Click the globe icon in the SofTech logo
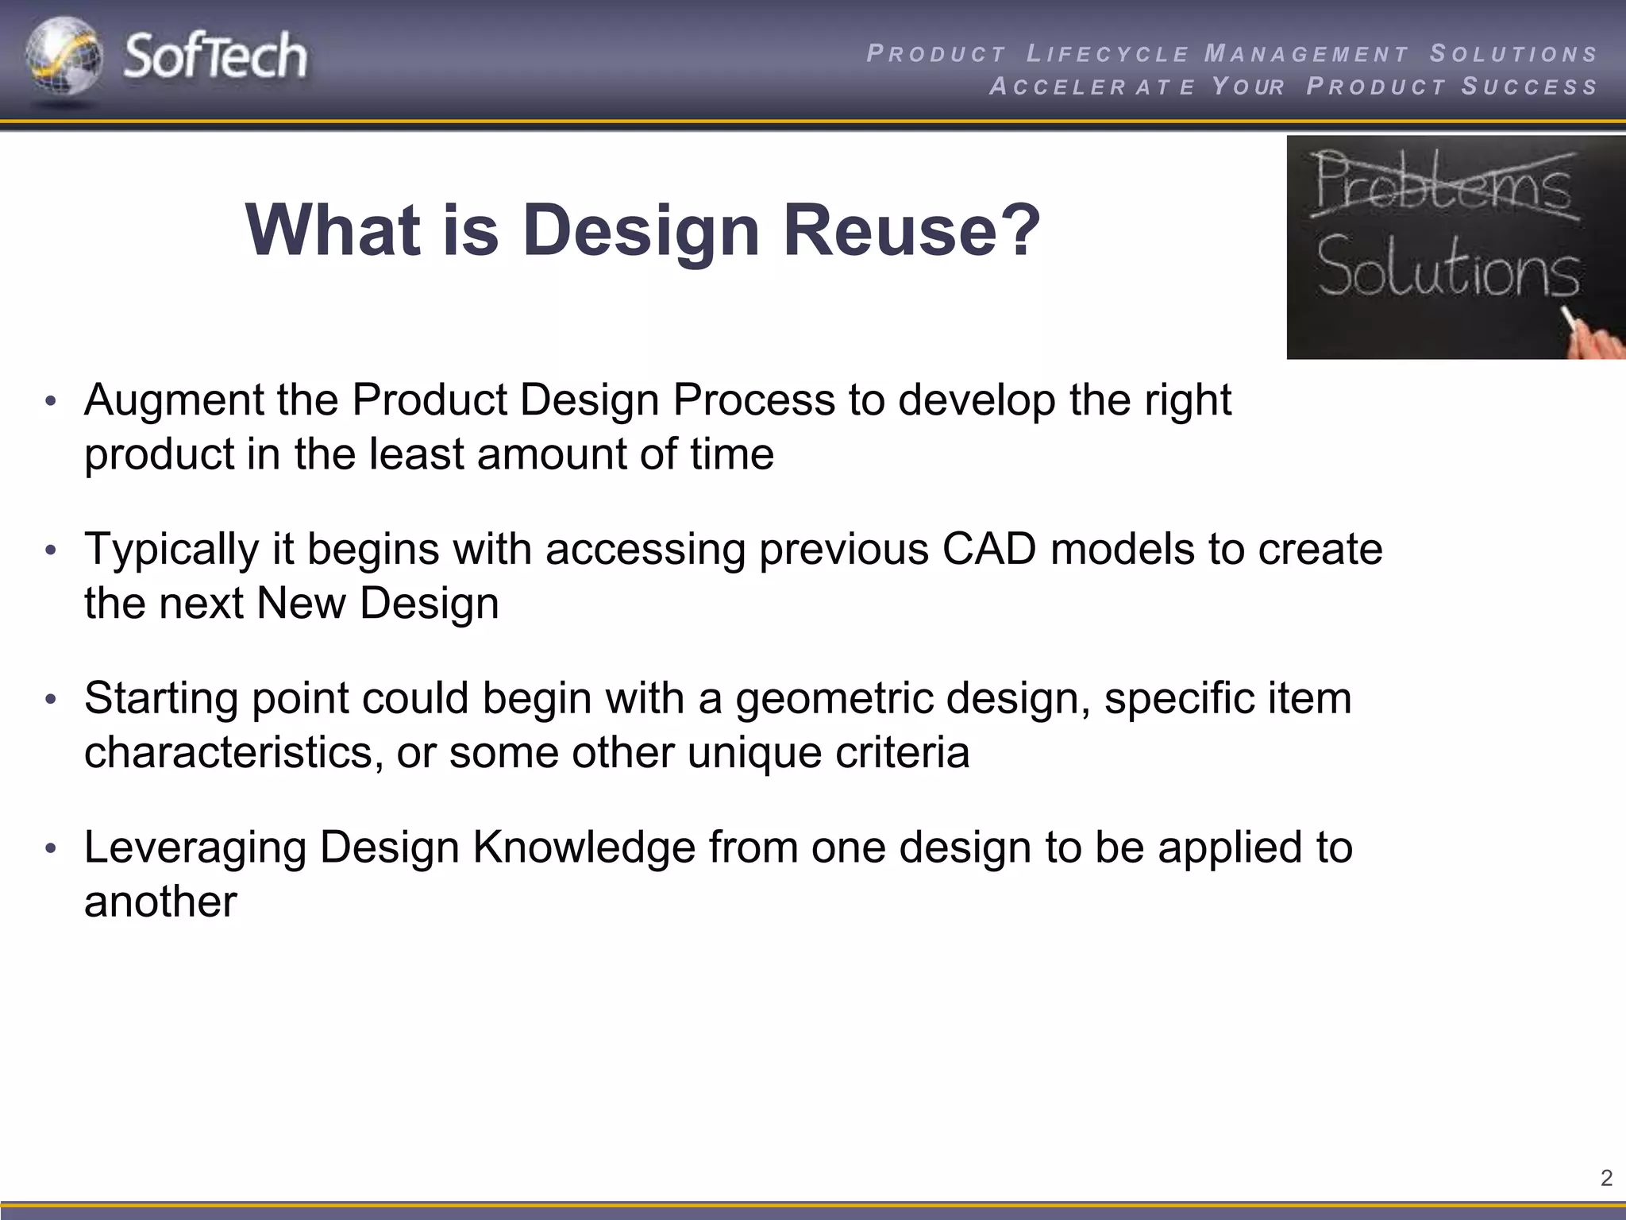[x=64, y=57]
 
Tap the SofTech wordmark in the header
[x=215, y=56]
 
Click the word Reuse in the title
[x=911, y=230]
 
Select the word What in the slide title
[x=333, y=230]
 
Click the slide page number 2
[x=1606, y=1178]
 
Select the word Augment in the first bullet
[x=174, y=400]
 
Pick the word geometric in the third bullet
[x=834, y=699]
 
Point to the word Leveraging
[x=195, y=848]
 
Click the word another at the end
[x=160, y=902]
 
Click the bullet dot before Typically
[x=51, y=550]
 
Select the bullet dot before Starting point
[x=51, y=700]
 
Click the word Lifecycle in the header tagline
[x=1108, y=54]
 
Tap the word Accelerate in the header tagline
[x=1092, y=87]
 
